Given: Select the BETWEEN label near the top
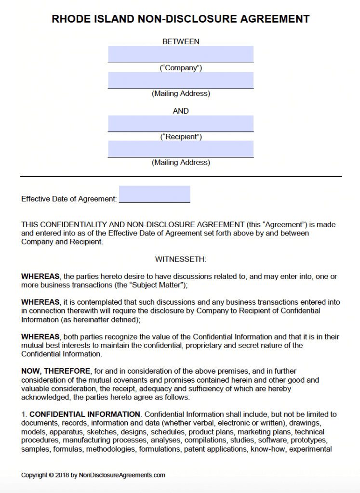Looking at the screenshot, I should [181, 41].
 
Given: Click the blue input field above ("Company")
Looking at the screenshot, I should [181, 54].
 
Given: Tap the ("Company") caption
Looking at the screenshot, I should [181, 68].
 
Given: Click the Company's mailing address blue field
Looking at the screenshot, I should [181, 80].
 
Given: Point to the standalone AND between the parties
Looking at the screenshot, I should [181, 111].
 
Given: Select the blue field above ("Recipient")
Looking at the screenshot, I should [181, 123].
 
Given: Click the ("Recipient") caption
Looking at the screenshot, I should [181, 137].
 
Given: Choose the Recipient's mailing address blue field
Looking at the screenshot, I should [181, 149].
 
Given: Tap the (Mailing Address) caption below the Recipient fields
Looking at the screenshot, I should [181, 162].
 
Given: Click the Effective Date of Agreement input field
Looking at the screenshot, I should [154, 194].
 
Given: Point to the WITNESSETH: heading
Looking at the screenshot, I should [181, 259].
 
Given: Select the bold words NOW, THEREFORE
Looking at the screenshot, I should [56, 371].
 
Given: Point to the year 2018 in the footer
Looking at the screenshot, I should [63, 475].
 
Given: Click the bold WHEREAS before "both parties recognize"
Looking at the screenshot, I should [40, 337].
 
